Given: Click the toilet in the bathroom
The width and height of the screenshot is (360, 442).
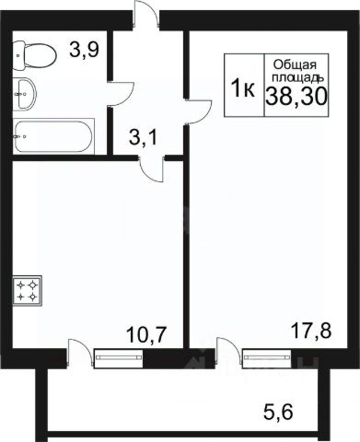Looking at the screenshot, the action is click(35, 55).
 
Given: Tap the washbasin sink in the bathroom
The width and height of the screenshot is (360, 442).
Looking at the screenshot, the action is click(25, 94).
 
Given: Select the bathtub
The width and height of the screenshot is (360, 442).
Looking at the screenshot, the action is click(53, 136).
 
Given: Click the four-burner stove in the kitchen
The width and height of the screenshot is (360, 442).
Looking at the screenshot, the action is click(27, 291).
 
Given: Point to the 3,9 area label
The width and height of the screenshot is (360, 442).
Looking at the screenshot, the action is click(84, 50).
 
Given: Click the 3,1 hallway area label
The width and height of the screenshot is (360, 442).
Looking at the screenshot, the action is click(143, 137).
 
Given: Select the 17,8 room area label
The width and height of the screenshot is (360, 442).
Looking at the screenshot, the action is click(311, 331).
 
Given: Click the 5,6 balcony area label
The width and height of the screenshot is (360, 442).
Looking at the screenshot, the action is click(278, 412).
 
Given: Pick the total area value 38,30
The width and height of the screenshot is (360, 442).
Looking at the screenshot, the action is click(296, 96).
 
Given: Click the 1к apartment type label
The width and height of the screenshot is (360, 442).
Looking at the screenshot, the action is click(243, 87).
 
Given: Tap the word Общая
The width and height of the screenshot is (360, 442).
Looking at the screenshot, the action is click(295, 65).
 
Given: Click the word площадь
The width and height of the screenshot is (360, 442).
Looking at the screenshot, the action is click(297, 78).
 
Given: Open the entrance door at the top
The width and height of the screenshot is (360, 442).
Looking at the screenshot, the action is click(146, 16).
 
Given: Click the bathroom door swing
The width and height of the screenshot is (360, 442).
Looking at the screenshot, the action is click(122, 94).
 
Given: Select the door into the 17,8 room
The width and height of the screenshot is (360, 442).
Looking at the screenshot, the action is click(198, 111).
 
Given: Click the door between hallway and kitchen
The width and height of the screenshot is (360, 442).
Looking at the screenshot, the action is click(151, 169).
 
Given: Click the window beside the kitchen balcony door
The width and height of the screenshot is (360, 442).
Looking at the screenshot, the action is click(119, 358).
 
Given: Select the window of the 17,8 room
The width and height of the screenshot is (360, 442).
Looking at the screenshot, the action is click(267, 358).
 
